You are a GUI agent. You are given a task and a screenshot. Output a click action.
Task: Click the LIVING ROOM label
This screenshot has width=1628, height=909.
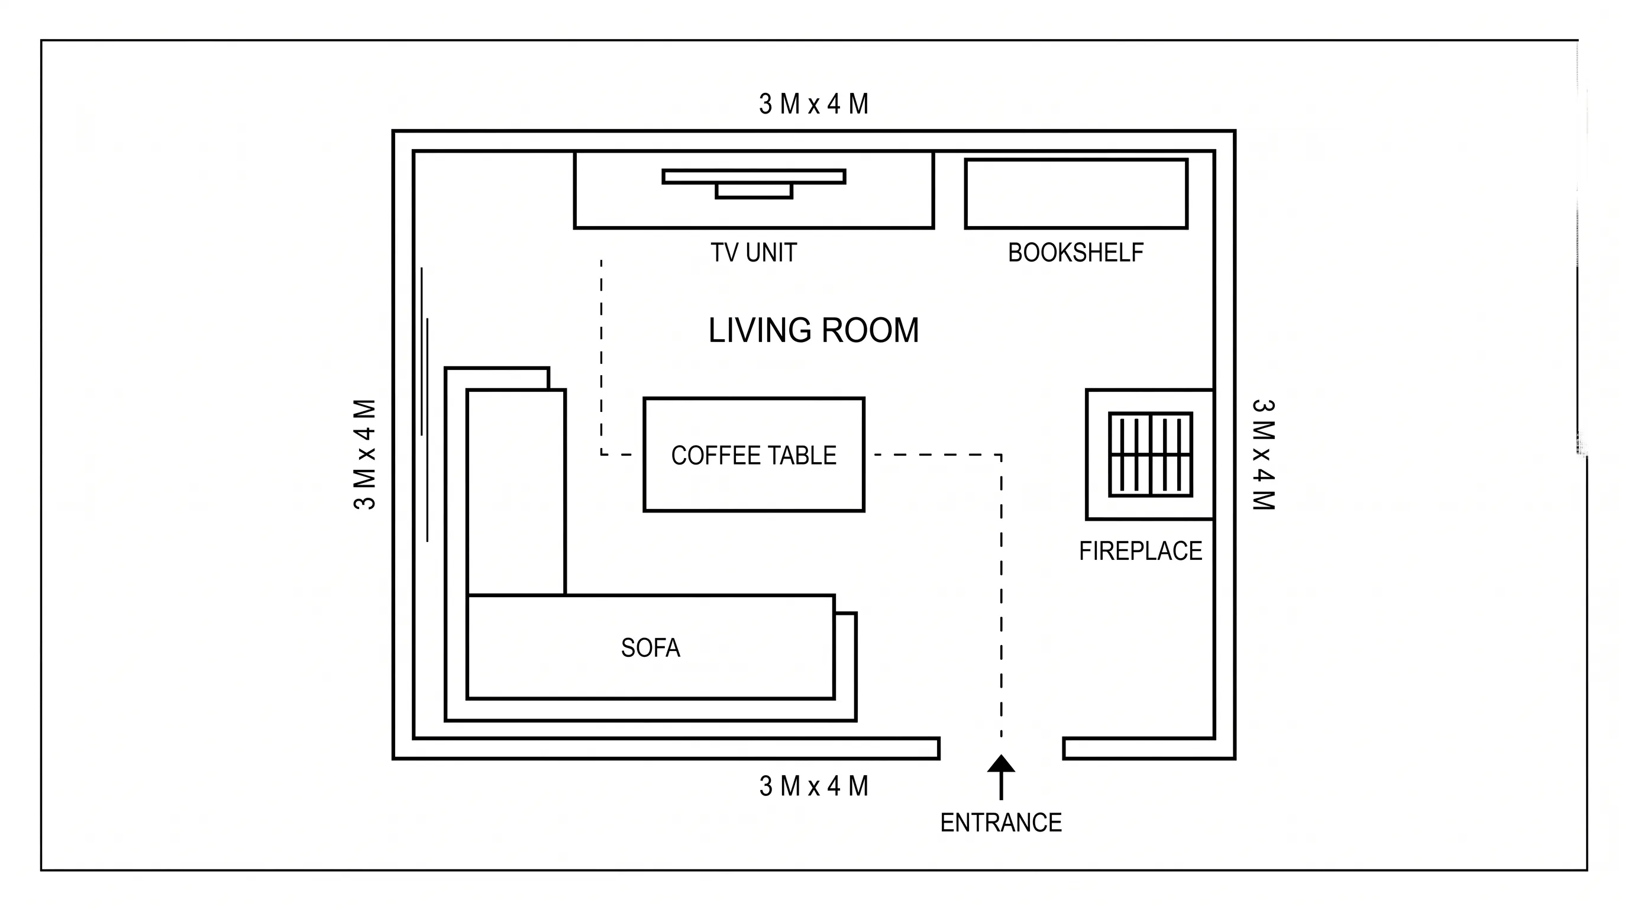[813, 331]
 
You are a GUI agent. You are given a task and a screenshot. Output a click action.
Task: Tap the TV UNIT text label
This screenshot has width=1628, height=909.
[753, 253]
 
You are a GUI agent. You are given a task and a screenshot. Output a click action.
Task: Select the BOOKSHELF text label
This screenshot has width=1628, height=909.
[1075, 253]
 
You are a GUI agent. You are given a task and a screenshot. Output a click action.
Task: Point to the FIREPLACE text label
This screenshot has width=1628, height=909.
[1140, 551]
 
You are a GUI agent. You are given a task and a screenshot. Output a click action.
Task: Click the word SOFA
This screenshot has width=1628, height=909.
[650, 648]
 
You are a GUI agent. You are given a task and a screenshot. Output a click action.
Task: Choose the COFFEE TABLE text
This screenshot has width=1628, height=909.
[753, 455]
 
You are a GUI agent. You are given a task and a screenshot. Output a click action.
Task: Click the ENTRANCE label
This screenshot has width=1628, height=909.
[1001, 823]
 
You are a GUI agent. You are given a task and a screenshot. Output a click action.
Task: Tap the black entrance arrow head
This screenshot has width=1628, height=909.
[1001, 763]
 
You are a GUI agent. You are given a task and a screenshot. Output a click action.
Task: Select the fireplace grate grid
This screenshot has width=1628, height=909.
[1150, 454]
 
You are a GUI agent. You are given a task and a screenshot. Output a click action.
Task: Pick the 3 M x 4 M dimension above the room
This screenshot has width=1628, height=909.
[813, 104]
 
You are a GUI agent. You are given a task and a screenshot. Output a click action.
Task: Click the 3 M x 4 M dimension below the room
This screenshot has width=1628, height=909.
[813, 786]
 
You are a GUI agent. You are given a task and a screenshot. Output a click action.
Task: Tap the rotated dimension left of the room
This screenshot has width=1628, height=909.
[365, 454]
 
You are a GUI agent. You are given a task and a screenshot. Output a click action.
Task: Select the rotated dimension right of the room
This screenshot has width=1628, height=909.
[1264, 454]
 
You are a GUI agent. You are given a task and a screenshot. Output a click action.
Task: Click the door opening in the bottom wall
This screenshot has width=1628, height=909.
[1001, 748]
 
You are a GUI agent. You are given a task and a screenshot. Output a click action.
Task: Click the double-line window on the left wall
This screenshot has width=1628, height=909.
[425, 405]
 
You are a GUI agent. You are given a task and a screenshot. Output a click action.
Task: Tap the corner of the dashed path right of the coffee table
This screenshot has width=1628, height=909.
[1001, 454]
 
